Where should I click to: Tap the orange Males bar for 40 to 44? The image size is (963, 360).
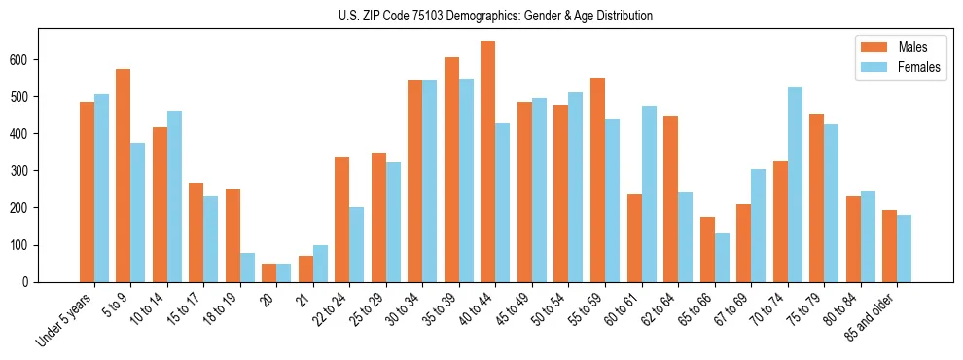point(488,162)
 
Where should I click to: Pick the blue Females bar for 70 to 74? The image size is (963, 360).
point(795,184)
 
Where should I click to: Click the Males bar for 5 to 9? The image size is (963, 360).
point(124,175)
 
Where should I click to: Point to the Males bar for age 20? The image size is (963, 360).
point(269,272)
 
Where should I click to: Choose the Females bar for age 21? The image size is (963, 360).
point(320,264)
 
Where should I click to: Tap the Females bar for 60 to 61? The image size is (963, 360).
point(649,194)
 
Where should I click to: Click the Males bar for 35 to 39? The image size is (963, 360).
point(451,169)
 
